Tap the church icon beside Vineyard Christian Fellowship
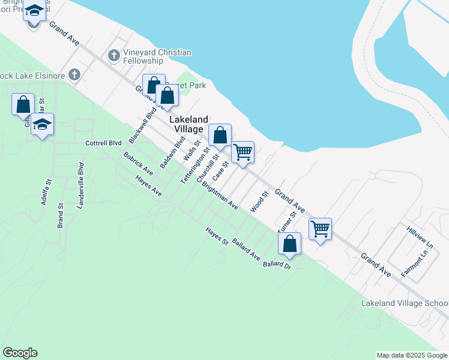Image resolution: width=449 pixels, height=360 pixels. click(x=114, y=56)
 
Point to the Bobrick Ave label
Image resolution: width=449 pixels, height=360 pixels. click(x=138, y=164)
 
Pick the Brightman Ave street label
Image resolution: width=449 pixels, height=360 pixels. click(x=220, y=196)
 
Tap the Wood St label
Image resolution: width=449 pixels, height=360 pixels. click(x=259, y=202)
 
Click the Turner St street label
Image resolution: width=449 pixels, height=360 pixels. click(x=287, y=223)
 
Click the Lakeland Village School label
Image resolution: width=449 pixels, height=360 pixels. click(x=404, y=304)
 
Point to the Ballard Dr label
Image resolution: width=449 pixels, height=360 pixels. click(x=276, y=265)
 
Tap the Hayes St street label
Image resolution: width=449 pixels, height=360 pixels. click(x=217, y=236)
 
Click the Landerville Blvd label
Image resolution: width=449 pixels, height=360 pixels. click(x=81, y=180)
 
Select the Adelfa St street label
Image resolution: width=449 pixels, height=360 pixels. click(x=44, y=191)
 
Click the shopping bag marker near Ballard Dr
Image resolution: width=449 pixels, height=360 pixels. click(x=290, y=244)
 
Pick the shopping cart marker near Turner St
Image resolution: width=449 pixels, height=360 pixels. click(x=321, y=229)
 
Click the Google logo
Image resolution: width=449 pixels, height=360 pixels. click(x=20, y=353)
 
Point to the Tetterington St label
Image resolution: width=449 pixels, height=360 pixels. click(x=194, y=166)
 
